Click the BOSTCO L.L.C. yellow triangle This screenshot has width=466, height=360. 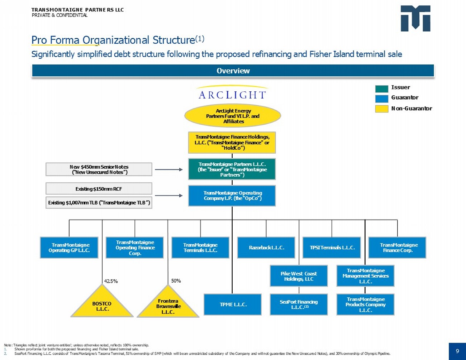tap(102, 304)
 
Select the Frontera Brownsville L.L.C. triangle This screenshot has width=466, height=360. tap(168, 305)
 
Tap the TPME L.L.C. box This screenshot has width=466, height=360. tap(233, 304)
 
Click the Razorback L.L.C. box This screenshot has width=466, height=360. tap(266, 248)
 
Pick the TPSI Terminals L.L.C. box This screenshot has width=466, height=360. tap(332, 248)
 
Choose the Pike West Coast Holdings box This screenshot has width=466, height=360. tap(299, 276)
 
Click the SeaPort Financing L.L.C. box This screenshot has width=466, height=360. tap(299, 304)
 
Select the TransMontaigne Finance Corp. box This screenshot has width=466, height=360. tap(397, 248)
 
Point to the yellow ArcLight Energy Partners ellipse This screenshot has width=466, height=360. tap(233, 116)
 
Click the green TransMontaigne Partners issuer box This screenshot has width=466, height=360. tap(232, 169)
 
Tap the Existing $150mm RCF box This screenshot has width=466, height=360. tap(99, 189)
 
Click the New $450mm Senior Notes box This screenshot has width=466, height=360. tap(99, 169)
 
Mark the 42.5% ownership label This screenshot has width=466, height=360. tap(111, 281)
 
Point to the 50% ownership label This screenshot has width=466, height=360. tap(176, 281)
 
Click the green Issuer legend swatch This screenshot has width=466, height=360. tap(381, 88)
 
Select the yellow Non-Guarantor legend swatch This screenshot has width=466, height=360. tap(381, 109)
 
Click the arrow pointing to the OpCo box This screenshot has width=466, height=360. tap(169, 196)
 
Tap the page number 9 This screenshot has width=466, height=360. tap(457, 351)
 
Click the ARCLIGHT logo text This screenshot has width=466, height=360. tap(232, 95)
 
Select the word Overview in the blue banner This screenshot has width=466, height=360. tap(233, 71)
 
